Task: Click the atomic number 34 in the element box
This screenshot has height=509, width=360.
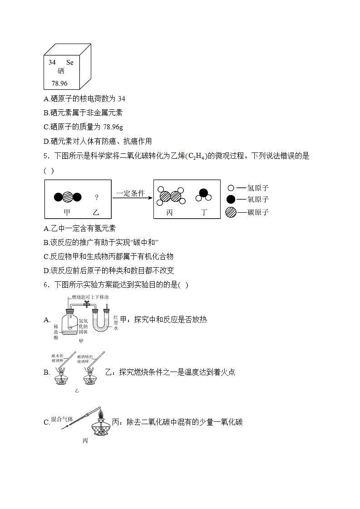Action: pyautogui.click(x=52, y=62)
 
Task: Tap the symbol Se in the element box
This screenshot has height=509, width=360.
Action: pyautogui.click(x=69, y=62)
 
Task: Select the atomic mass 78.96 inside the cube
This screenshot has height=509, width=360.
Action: pyautogui.click(x=59, y=83)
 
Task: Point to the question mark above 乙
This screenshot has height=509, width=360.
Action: pyautogui.click(x=96, y=197)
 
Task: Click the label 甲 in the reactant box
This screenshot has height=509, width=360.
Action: pyautogui.click(x=67, y=212)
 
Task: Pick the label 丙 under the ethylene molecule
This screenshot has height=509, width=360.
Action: pyautogui.click(x=169, y=212)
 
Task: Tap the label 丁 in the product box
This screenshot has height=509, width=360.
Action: pyautogui.click(x=204, y=212)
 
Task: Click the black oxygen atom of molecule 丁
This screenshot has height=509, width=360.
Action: pyautogui.click(x=204, y=193)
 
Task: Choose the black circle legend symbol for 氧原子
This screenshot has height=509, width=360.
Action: pyautogui.click(x=231, y=199)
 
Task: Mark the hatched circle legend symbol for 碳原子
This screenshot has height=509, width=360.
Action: pyautogui.click(x=231, y=211)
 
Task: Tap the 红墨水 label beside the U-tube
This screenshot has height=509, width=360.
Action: pyautogui.click(x=116, y=323)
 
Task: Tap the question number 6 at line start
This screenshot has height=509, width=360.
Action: pyautogui.click(x=45, y=285)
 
